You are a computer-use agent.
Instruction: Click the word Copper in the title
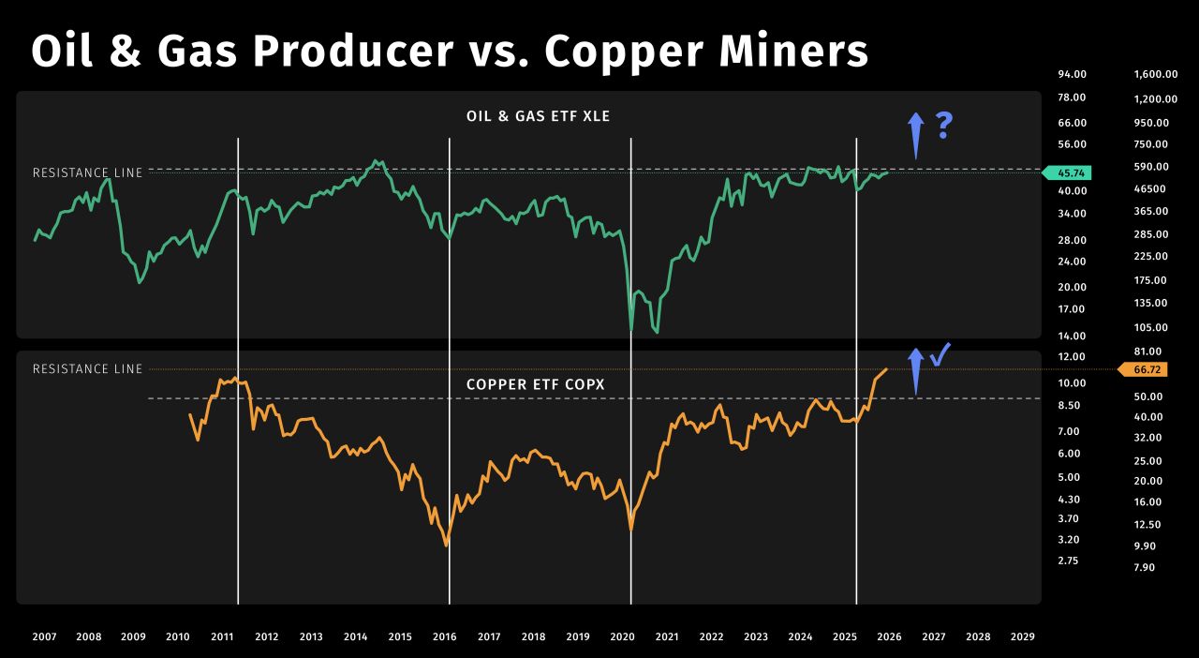pyautogui.click(x=624, y=52)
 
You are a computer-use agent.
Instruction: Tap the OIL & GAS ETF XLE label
pyautogui.click(x=538, y=116)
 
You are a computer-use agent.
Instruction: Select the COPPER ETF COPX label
pyautogui.click(x=535, y=384)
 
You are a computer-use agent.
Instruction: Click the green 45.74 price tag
pyautogui.click(x=1067, y=173)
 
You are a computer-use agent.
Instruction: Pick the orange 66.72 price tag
pyautogui.click(x=1143, y=369)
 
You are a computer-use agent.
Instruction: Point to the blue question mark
pyautogui.click(x=944, y=126)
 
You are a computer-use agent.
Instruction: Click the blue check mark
pyautogui.click(x=940, y=354)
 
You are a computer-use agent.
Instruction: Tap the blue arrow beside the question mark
pyautogui.click(x=916, y=136)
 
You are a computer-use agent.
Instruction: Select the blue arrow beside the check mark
pyautogui.click(x=916, y=371)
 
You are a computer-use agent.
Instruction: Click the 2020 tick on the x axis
pyautogui.click(x=623, y=636)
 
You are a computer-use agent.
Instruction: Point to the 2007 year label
pyautogui.click(x=44, y=636)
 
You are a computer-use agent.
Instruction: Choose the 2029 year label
pyautogui.click(x=1022, y=636)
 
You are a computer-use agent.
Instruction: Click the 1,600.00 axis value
pyautogui.click(x=1156, y=74)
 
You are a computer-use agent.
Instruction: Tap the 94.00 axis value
pyautogui.click(x=1073, y=74)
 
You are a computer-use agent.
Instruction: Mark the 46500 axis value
pyautogui.click(x=1149, y=188)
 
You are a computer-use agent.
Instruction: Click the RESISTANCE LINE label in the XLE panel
pyautogui.click(x=88, y=173)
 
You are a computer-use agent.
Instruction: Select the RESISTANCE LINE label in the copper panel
pyautogui.click(x=88, y=369)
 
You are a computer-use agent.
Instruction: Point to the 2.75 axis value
pyautogui.click(x=1068, y=561)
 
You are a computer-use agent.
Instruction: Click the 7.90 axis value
pyautogui.click(x=1145, y=567)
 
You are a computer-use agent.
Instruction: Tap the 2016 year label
pyautogui.click(x=444, y=636)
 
